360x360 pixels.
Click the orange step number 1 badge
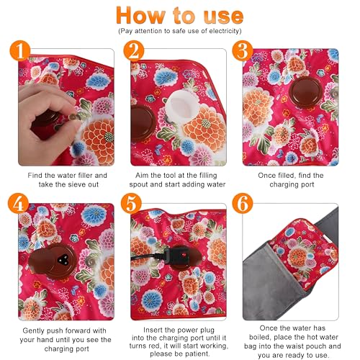20,50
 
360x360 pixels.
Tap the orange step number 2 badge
134,50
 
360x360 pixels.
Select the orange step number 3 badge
243,50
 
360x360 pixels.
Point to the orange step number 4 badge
18,203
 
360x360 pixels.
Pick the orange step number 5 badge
131,203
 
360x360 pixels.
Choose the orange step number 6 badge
243,203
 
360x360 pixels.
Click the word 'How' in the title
140,16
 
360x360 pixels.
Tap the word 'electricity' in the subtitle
224,31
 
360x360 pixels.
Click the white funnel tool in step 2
181,106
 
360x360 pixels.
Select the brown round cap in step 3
305,92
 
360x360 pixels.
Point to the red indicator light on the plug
184,254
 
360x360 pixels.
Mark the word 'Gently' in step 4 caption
33,331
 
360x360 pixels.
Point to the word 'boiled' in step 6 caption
260,337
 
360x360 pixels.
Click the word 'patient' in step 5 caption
197,354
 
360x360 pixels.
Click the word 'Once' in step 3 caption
266,176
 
